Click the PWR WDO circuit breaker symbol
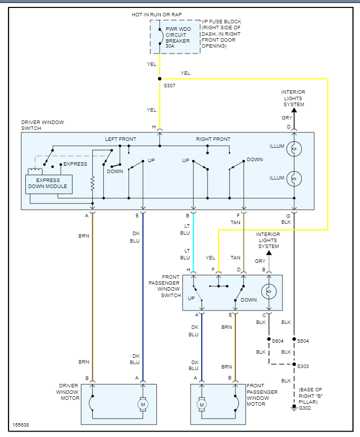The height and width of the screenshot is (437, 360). coord(160,36)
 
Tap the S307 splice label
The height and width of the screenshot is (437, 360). coord(170,86)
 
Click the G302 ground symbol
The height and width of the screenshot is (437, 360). coord(294,408)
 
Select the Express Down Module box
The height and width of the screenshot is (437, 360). coord(48,184)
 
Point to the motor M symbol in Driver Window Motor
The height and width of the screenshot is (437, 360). coord(143,405)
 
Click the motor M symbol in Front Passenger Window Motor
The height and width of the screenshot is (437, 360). coord(202,405)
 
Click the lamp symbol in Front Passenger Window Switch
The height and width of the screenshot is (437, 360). coord(269,292)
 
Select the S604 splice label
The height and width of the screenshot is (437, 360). coord(278,341)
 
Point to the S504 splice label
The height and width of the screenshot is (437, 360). coord(303,341)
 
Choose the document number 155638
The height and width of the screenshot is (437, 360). coord(21,425)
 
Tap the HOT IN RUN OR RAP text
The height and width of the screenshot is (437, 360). coord(160,15)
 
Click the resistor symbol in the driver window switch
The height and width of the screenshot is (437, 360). coord(92,185)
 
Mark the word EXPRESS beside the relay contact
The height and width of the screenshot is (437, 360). coord(75,164)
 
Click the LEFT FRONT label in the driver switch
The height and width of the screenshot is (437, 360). coord(120,139)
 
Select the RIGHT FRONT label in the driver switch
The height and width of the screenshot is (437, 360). coord(213,139)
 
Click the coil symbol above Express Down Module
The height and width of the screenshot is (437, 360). coord(35,171)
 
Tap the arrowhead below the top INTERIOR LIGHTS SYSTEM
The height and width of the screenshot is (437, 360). coord(294,110)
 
